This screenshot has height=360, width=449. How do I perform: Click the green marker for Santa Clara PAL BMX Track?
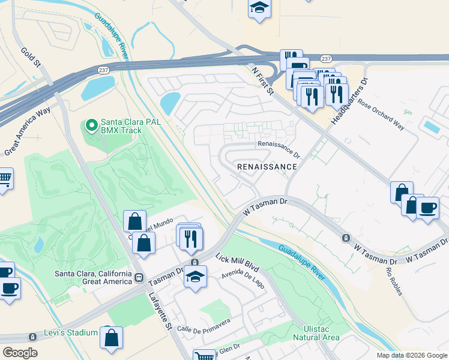pyautogui.click(x=91, y=125)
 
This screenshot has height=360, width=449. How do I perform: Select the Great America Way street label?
pyautogui.click(x=26, y=130)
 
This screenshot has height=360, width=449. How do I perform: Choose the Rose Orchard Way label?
pyautogui.click(x=382, y=111)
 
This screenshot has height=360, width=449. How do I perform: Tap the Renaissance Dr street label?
pyautogui.click(x=279, y=148)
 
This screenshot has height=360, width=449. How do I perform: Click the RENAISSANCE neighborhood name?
pyautogui.click(x=267, y=166)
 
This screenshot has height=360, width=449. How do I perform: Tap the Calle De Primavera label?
pyautogui.click(x=203, y=325)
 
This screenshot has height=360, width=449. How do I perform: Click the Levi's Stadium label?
pyautogui.click(x=71, y=332)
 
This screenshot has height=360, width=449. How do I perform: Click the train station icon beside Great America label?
pyautogui.click(x=139, y=278)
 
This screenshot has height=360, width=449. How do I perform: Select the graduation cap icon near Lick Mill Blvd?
pyautogui.click(x=195, y=277)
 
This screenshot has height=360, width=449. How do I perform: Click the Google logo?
pyautogui.click(x=20, y=353)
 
